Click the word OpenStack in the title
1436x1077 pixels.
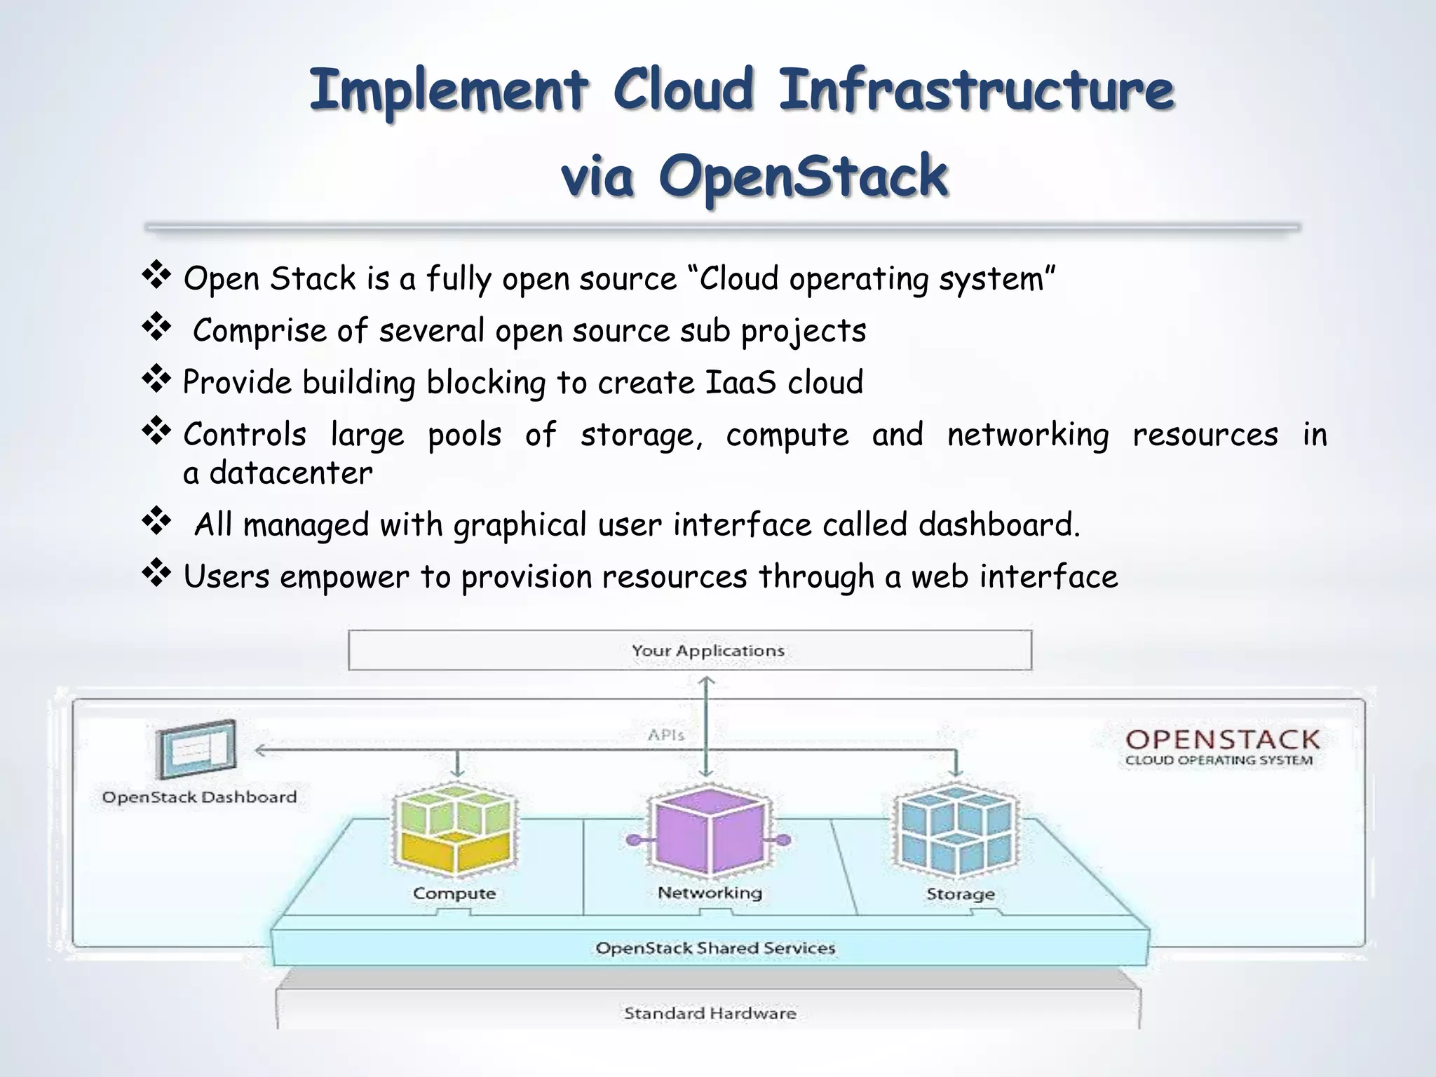click(804, 177)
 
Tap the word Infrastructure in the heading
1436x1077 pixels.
click(976, 91)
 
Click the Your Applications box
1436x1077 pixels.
click(690, 650)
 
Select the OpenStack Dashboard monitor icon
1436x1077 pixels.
click(196, 750)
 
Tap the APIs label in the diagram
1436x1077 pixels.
click(665, 735)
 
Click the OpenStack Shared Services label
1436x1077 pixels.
click(715, 948)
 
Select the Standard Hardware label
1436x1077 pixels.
click(710, 1013)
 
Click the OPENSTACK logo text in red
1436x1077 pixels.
click(1222, 739)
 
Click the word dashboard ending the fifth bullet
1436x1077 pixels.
click(998, 524)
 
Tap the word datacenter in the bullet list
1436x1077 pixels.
click(291, 473)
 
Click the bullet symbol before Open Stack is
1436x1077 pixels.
click(156, 275)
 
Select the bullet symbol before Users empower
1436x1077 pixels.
click(156, 573)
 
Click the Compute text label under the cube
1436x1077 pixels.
click(454, 893)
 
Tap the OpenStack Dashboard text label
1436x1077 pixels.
click(200, 797)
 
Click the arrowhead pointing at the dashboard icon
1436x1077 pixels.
click(259, 750)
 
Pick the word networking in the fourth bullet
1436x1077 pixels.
click(1028, 435)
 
